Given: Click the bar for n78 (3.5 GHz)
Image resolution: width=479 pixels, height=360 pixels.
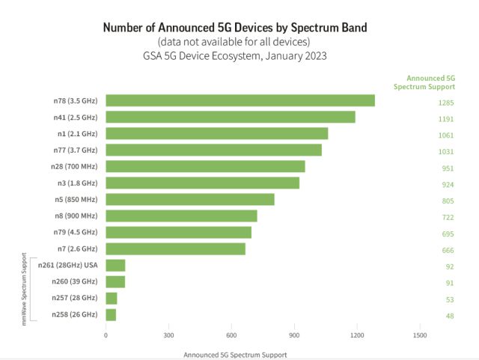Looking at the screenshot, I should point(239,100).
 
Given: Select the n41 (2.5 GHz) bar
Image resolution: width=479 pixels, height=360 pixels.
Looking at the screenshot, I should point(230,117).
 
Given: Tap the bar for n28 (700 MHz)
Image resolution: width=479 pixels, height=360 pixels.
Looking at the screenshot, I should point(205,166).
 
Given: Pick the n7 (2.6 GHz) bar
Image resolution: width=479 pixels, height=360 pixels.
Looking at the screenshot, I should point(175,248).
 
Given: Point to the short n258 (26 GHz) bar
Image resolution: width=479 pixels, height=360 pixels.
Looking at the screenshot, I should point(111,314).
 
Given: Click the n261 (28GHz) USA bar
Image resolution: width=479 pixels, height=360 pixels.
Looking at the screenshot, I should point(115,265).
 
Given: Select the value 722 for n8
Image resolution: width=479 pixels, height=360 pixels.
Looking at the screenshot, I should point(448,217).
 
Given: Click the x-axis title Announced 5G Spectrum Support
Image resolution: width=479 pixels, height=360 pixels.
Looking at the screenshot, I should point(234,354).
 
